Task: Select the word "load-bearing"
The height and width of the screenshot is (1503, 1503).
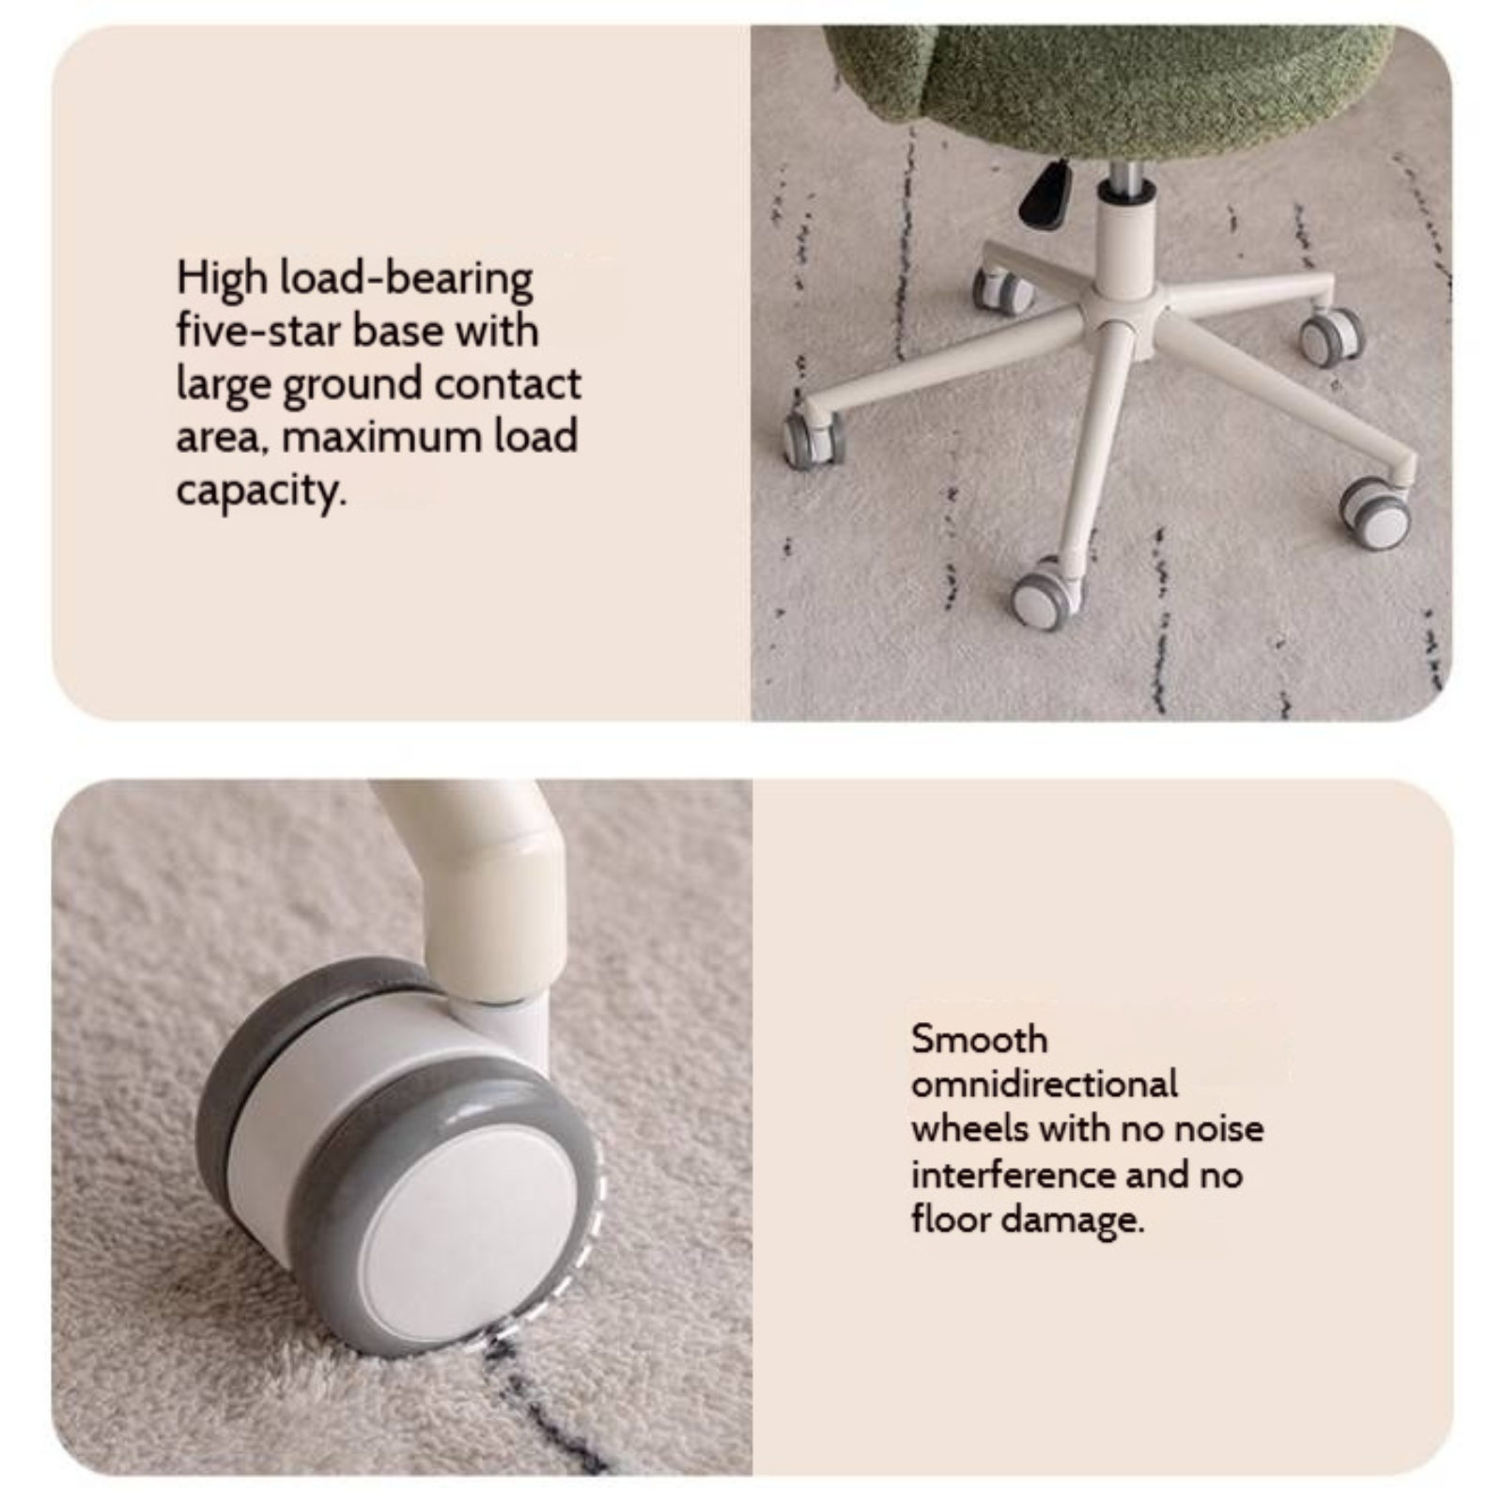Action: [407, 279]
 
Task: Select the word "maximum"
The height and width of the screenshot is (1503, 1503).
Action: [380, 438]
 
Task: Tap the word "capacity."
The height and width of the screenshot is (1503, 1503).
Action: [260, 491]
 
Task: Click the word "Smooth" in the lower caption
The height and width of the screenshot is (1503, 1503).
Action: [979, 1040]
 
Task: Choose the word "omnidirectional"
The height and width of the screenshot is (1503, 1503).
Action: [1044, 1084]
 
